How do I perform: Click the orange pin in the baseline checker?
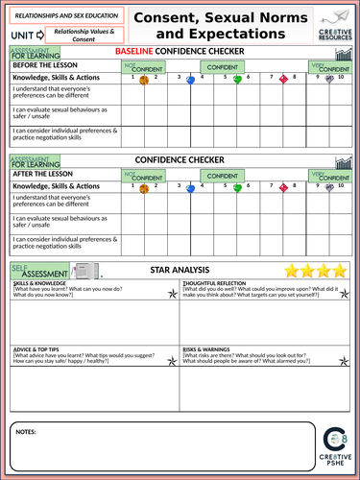(144, 82)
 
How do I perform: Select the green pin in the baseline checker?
(237, 81)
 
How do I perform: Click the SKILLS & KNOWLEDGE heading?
(41, 285)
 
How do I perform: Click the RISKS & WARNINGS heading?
(206, 348)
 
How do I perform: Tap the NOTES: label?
(27, 434)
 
